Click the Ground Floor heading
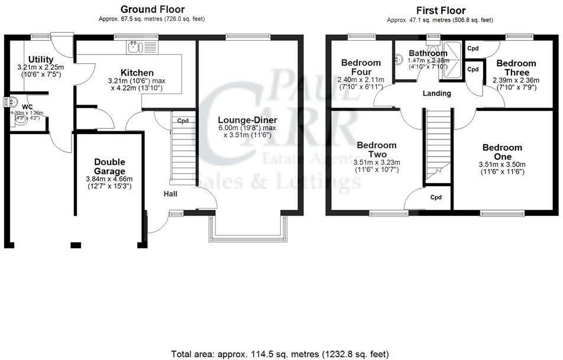(x=153, y=9)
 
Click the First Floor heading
(x=441, y=10)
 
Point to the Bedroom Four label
(x=361, y=67)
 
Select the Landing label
(x=437, y=93)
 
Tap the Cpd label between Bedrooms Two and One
(x=436, y=197)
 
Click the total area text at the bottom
(x=280, y=354)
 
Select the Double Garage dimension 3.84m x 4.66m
(x=109, y=179)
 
